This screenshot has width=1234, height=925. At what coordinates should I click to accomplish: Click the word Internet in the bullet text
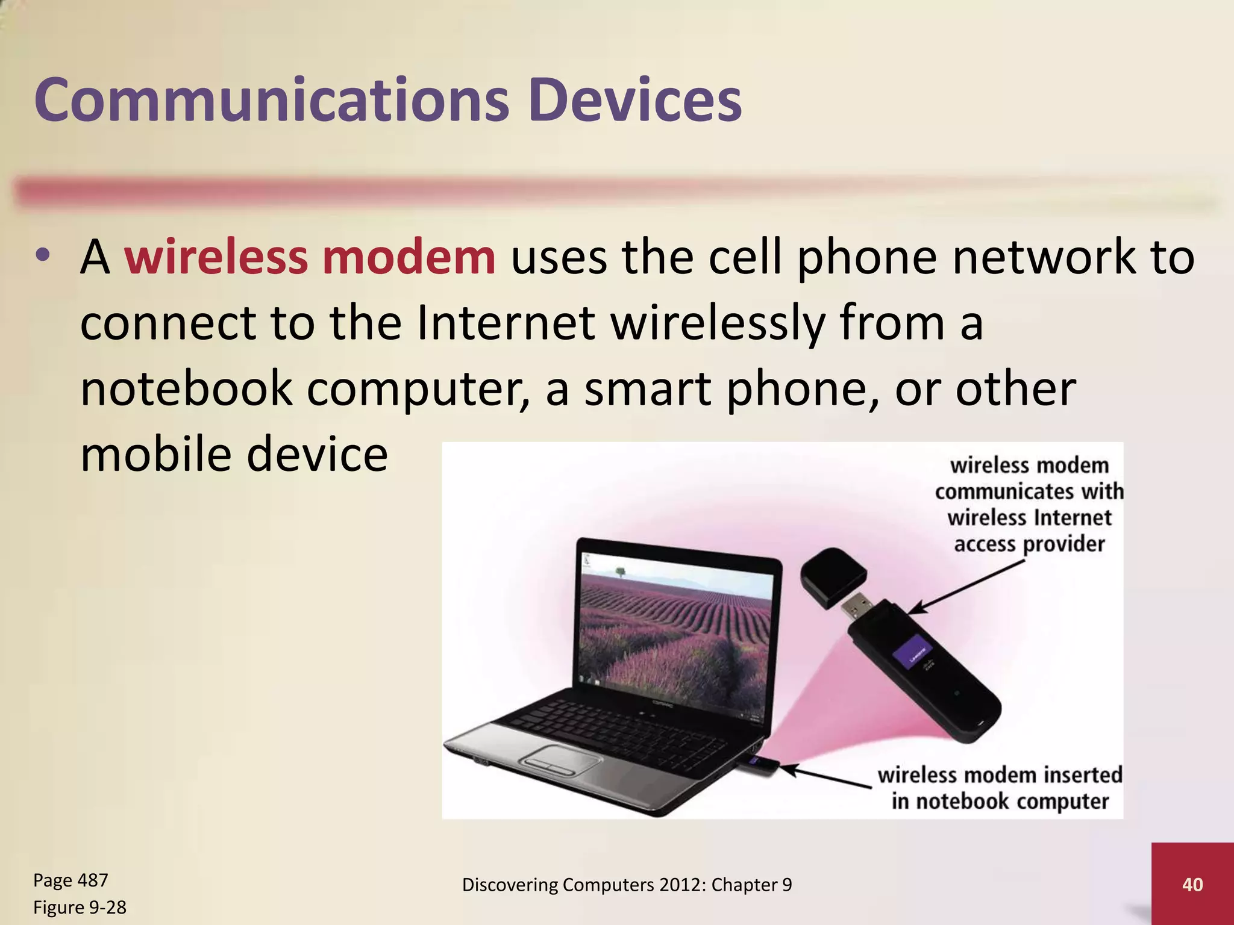(506, 323)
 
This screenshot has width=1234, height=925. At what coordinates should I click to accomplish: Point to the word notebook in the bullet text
(187, 389)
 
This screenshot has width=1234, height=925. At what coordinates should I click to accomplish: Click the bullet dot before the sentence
(42, 257)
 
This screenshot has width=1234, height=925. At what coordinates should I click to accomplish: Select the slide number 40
(1192, 884)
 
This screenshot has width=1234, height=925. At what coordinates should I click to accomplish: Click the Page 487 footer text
(70, 880)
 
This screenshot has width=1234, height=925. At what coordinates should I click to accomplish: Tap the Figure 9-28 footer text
(80, 907)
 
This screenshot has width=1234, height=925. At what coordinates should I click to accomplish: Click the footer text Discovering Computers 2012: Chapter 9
(627, 885)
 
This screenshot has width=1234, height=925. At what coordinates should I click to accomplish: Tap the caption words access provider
(1029, 544)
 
